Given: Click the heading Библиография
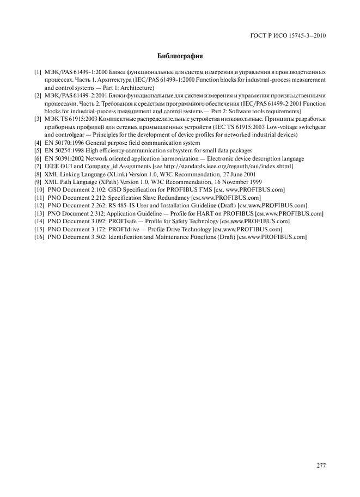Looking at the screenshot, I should point(180,56).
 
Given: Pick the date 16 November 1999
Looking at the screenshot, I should point(241,182).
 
